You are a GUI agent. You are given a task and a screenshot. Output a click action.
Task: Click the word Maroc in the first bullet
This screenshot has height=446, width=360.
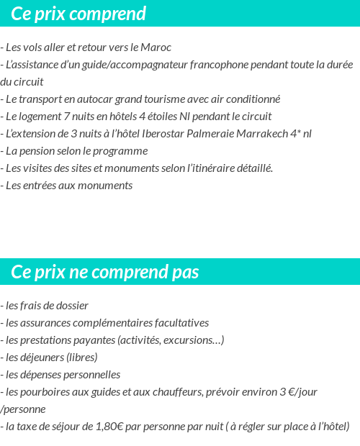pos(158,47)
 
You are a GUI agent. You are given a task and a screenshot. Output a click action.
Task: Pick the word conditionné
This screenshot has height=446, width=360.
pos(252,99)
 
